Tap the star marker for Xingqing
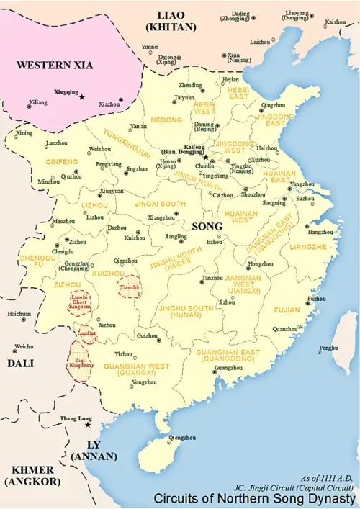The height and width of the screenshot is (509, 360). coord(82,97)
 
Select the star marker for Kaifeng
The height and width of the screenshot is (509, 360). coord(205,157)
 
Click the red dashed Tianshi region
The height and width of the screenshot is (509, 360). coord(130,287)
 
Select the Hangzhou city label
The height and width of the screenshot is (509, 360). coord(320,233)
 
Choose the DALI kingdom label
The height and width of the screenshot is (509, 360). coord(20,364)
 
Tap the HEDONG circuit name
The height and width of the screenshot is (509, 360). coord(165,120)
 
